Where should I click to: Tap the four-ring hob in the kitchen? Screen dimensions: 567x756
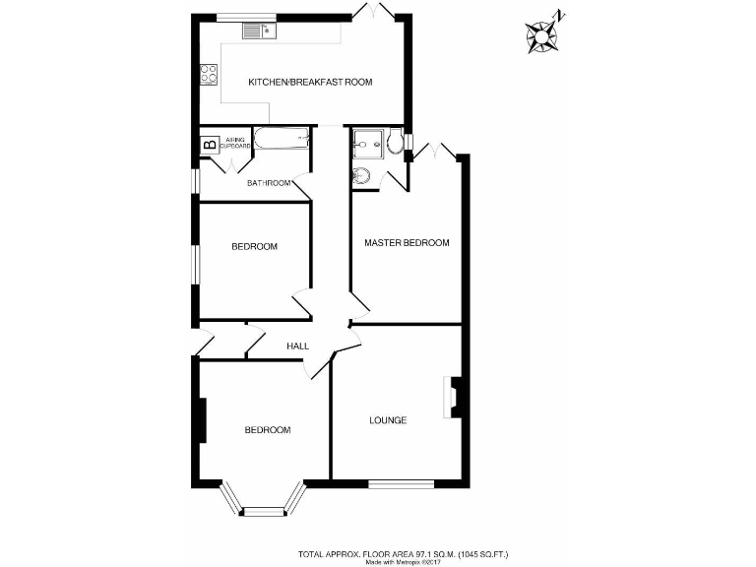209,73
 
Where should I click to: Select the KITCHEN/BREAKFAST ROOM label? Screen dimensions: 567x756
310,83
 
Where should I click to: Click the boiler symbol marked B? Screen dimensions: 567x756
209,146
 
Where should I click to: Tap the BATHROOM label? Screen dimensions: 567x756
269,183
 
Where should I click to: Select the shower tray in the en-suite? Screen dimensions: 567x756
367,144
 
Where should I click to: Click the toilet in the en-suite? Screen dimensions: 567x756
395,144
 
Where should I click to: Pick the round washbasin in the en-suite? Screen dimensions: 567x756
360,177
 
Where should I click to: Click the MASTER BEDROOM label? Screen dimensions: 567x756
407,243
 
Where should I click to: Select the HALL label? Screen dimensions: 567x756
297,346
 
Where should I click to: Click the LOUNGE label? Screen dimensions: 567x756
388,420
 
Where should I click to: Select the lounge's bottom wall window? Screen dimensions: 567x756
401,483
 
